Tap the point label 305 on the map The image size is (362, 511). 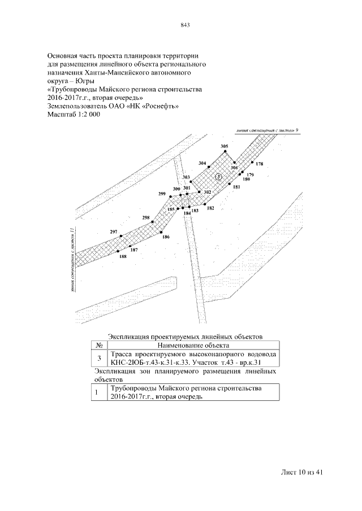pos(225,147)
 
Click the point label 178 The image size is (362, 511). pos(259,164)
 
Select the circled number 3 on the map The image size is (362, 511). pos(218,177)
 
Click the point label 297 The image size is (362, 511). pos(114,233)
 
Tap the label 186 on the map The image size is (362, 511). pos(166,237)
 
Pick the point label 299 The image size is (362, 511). pos(162,194)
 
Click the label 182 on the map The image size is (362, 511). pos(210,208)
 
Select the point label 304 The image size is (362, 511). pos(202,163)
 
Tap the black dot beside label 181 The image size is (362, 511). pos(229,184)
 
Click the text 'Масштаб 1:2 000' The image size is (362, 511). pos(74,115)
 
